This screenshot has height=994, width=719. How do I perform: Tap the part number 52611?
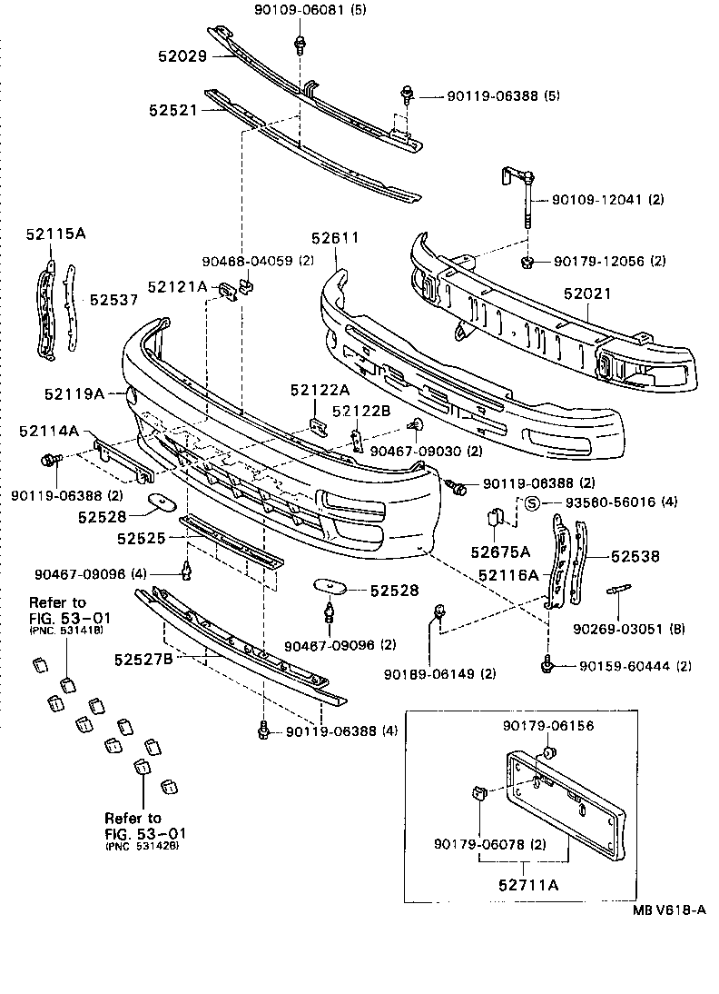point(337,237)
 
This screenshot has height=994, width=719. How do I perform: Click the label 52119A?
point(74,393)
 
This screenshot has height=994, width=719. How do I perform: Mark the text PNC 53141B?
point(66,630)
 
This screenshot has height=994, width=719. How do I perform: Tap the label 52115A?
point(55,234)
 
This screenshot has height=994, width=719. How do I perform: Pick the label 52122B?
point(360,411)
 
